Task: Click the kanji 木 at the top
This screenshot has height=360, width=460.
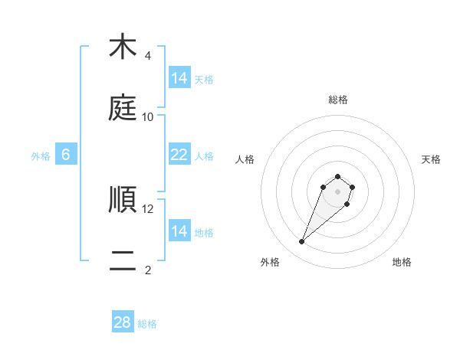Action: click(x=123, y=47)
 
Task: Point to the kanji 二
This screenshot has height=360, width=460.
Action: click(x=123, y=261)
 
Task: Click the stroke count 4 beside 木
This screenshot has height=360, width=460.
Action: click(x=147, y=56)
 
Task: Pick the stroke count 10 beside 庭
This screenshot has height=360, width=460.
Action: click(x=148, y=117)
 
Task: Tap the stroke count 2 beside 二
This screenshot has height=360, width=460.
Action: click(x=147, y=270)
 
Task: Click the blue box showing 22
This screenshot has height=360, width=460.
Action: click(x=179, y=155)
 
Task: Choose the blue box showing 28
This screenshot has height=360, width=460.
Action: click(x=123, y=322)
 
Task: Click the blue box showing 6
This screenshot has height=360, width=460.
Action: click(x=66, y=155)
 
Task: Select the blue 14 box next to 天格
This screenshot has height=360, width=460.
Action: click(x=179, y=78)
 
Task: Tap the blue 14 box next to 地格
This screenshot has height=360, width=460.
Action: click(x=179, y=231)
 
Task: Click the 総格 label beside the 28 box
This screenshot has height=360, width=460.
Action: click(x=147, y=324)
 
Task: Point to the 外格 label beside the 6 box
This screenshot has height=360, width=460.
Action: click(x=41, y=156)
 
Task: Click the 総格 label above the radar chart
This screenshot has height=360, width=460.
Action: click(x=337, y=100)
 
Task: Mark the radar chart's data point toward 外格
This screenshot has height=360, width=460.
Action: click(x=302, y=242)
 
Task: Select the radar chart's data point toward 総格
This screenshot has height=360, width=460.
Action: click(x=337, y=175)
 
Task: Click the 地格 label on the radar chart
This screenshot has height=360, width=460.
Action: click(x=402, y=263)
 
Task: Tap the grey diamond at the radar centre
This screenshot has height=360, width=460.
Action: click(x=337, y=191)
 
